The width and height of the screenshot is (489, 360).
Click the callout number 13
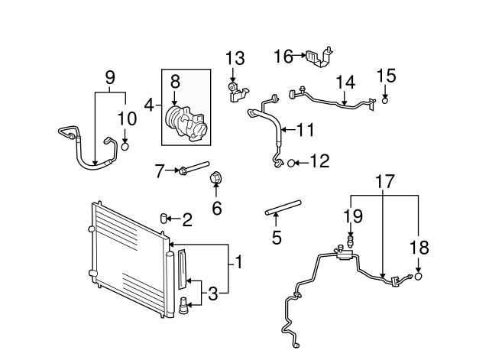[x=235, y=58]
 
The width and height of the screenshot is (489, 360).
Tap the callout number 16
[x=283, y=56]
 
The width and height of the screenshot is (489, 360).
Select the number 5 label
[x=277, y=238]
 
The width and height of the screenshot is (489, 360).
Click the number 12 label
[x=319, y=162]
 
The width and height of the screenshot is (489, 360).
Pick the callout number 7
[x=159, y=170]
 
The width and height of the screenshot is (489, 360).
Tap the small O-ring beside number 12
[x=291, y=162]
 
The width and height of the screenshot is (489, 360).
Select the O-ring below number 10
[x=126, y=145]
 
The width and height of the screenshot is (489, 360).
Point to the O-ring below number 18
[x=418, y=276]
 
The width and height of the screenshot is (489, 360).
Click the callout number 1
[x=238, y=264]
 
